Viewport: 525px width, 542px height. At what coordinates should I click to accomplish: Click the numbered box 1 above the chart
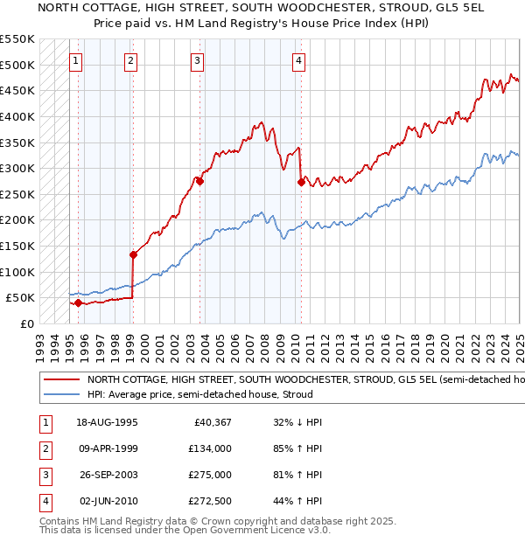point(77,61)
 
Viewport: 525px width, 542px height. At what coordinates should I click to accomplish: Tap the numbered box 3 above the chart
point(198,61)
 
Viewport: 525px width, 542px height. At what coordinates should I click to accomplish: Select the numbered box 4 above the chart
point(298,61)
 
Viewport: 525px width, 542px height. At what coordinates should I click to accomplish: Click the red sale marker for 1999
point(134,255)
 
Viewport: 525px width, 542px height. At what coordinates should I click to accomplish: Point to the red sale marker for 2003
point(199,182)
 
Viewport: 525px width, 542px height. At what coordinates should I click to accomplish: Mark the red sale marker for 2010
point(301,183)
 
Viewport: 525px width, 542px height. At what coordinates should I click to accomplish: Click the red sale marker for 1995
point(78,303)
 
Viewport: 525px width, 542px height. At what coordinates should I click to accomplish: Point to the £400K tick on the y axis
point(17,116)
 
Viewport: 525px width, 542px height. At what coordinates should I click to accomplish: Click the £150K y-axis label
point(17,246)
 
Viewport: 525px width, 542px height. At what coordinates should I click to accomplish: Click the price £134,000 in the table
point(211,448)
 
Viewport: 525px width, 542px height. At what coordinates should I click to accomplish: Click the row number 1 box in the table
point(45,422)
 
